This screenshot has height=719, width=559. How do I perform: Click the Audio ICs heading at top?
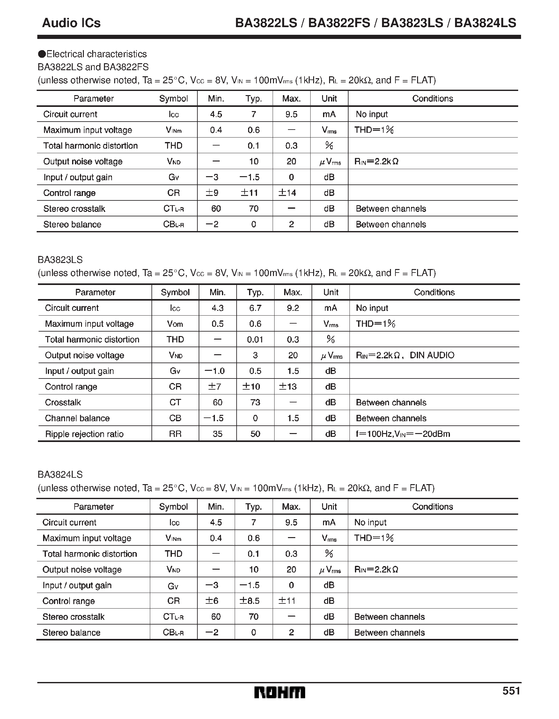point(71,23)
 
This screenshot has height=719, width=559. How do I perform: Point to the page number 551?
point(511,690)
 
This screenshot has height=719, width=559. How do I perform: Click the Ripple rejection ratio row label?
point(84,434)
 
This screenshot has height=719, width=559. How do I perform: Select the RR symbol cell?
point(175,434)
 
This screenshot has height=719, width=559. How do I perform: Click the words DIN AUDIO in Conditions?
point(432,355)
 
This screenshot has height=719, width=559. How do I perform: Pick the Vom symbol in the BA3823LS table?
point(175,324)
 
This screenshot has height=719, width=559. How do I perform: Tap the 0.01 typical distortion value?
point(255,340)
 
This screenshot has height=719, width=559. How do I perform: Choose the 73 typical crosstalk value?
point(255,402)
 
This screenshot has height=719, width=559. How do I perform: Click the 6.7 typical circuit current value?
point(255,308)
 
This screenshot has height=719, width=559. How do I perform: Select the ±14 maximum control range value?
point(288,193)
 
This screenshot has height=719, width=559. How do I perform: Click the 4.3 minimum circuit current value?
point(217,308)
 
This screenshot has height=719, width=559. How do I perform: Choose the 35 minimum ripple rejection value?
point(217,434)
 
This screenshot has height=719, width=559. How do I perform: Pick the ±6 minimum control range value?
point(212,601)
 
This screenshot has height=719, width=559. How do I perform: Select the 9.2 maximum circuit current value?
point(292,308)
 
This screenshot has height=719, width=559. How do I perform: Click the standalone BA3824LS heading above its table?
point(60,475)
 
